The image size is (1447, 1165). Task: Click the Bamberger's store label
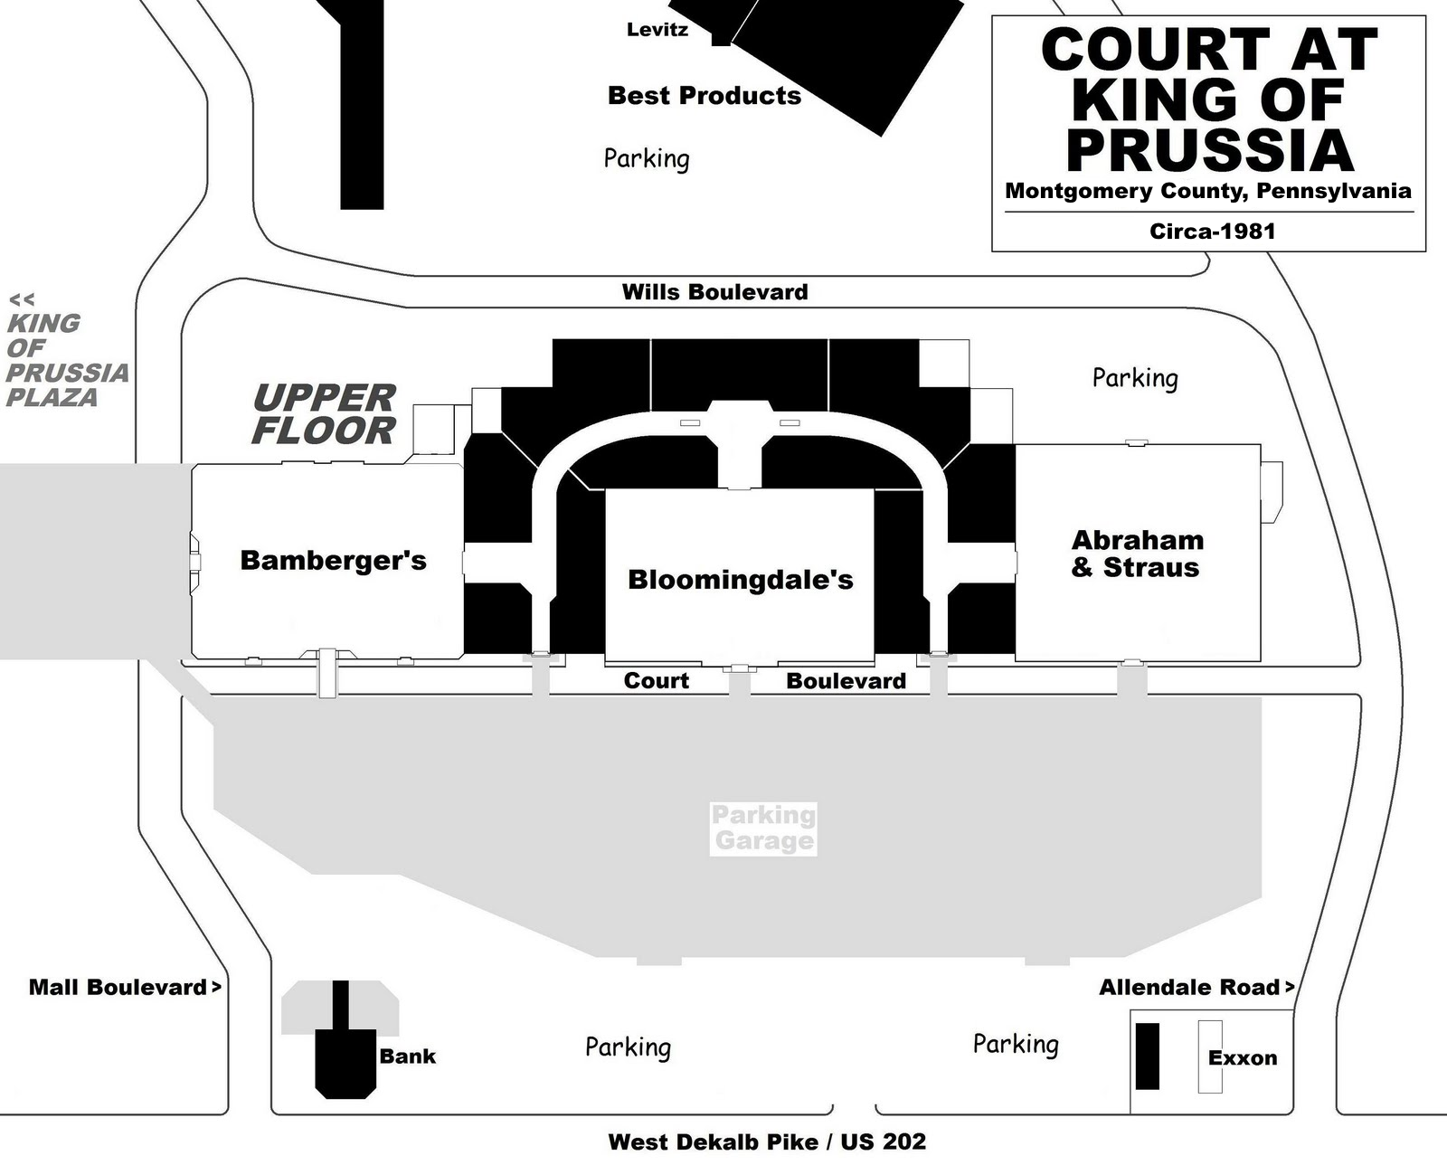[333, 561]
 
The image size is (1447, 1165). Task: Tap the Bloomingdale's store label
[740, 580]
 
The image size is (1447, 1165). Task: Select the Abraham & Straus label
[1137, 554]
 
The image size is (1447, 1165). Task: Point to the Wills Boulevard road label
[714, 292]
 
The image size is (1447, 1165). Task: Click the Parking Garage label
[763, 829]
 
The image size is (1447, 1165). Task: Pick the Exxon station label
[1242, 1057]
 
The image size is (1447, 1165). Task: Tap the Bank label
[407, 1056]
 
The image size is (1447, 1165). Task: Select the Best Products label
[704, 95]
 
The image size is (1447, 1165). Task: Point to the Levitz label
[657, 30]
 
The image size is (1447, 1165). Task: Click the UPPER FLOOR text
[324, 414]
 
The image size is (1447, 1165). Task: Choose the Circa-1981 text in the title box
[1211, 231]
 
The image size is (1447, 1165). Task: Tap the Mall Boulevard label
[118, 987]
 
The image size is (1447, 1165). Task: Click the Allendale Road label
[1189, 987]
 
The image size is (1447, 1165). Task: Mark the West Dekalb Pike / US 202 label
[767, 1141]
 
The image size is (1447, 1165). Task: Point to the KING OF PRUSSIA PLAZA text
[65, 360]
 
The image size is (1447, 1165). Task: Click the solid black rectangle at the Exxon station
[1147, 1056]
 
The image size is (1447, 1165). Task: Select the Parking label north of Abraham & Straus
[1134, 377]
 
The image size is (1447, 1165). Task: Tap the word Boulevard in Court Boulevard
[846, 681]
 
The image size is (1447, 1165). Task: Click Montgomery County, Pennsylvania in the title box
[1207, 191]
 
